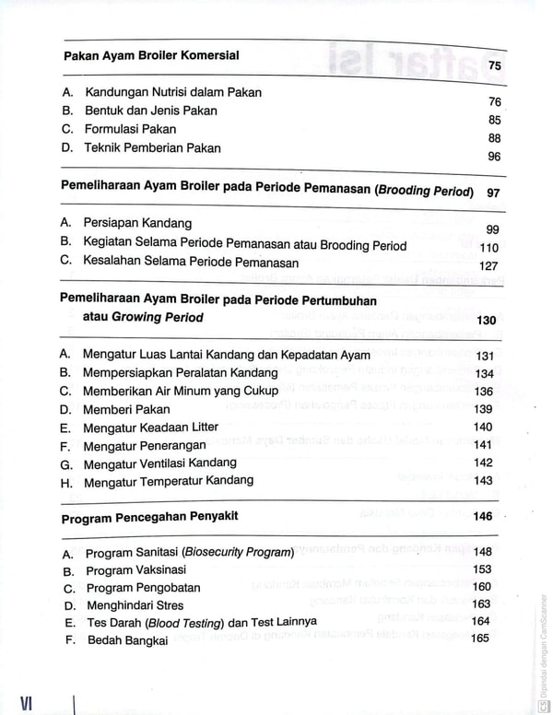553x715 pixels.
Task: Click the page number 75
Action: click(x=495, y=66)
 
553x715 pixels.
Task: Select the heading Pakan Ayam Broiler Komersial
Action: click(x=151, y=55)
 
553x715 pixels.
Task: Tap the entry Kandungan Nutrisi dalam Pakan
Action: click(x=173, y=92)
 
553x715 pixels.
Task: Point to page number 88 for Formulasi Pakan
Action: click(x=495, y=138)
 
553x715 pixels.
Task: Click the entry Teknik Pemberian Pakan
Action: click(x=152, y=147)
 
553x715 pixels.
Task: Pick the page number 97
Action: click(x=493, y=193)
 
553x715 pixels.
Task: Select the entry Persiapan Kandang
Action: click(x=137, y=223)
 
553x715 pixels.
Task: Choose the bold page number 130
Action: click(x=487, y=321)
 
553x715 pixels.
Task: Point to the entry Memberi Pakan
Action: click(x=126, y=409)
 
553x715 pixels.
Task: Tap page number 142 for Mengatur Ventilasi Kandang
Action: click(x=483, y=463)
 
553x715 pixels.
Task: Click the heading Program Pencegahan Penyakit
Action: click(x=149, y=518)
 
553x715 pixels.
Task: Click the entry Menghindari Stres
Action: click(x=135, y=605)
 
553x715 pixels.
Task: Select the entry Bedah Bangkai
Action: click(x=127, y=640)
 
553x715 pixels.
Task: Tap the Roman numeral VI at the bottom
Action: click(x=26, y=702)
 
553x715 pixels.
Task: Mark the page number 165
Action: click(x=481, y=638)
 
